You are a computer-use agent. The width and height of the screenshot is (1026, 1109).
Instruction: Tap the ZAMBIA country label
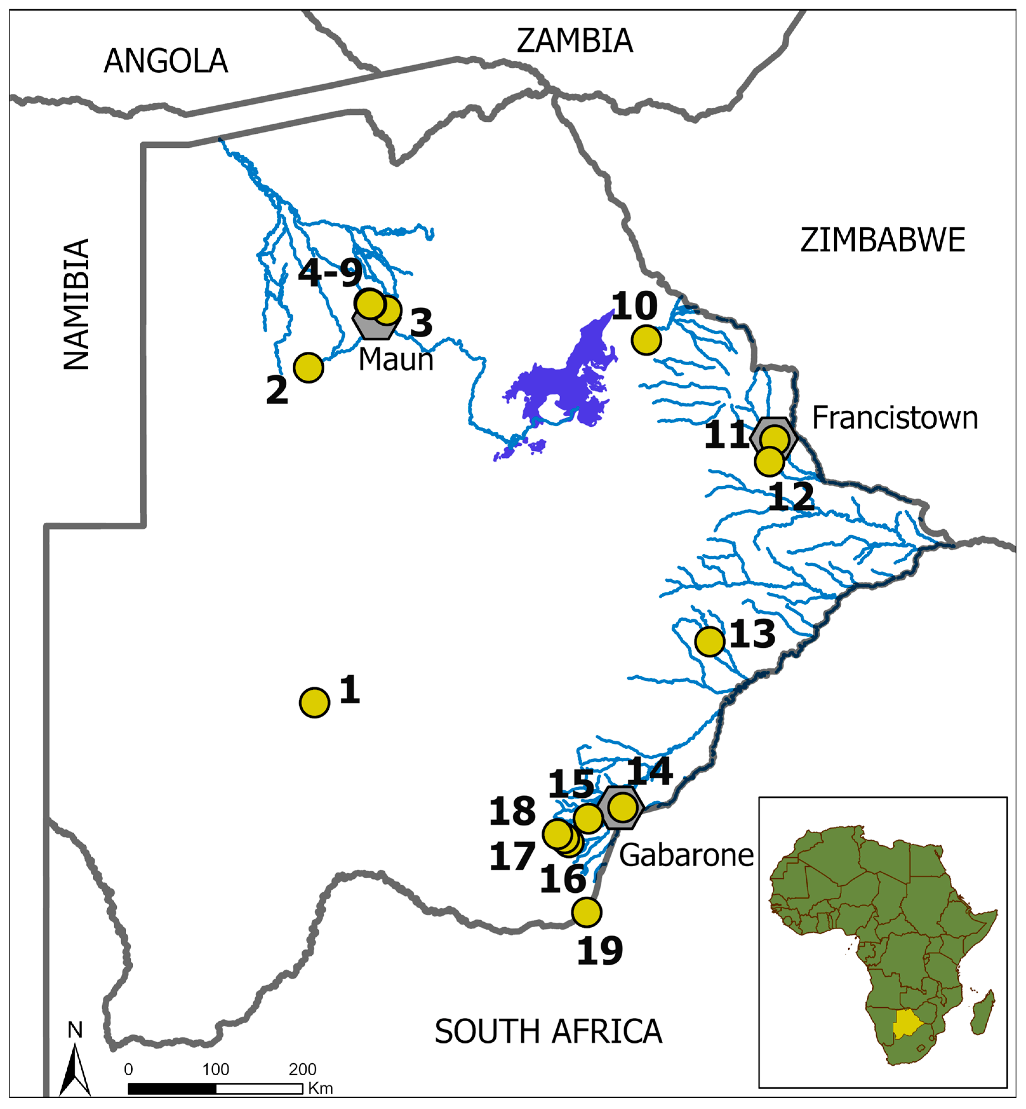pyautogui.click(x=575, y=41)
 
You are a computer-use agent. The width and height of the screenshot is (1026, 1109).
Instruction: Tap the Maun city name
pyautogui.click(x=395, y=360)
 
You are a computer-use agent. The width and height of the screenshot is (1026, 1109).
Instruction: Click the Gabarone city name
pyautogui.click(x=686, y=855)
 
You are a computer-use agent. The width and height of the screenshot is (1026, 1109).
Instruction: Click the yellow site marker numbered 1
pyautogui.click(x=314, y=703)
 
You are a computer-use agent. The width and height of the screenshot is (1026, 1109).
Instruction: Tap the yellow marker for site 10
pyautogui.click(x=646, y=340)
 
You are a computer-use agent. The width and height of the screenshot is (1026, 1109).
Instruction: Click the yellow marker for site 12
pyautogui.click(x=769, y=461)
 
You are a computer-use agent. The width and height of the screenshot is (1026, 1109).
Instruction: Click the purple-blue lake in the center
pyautogui.click(x=561, y=383)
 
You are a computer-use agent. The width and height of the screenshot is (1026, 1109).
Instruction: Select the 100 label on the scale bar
pyautogui.click(x=215, y=1070)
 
